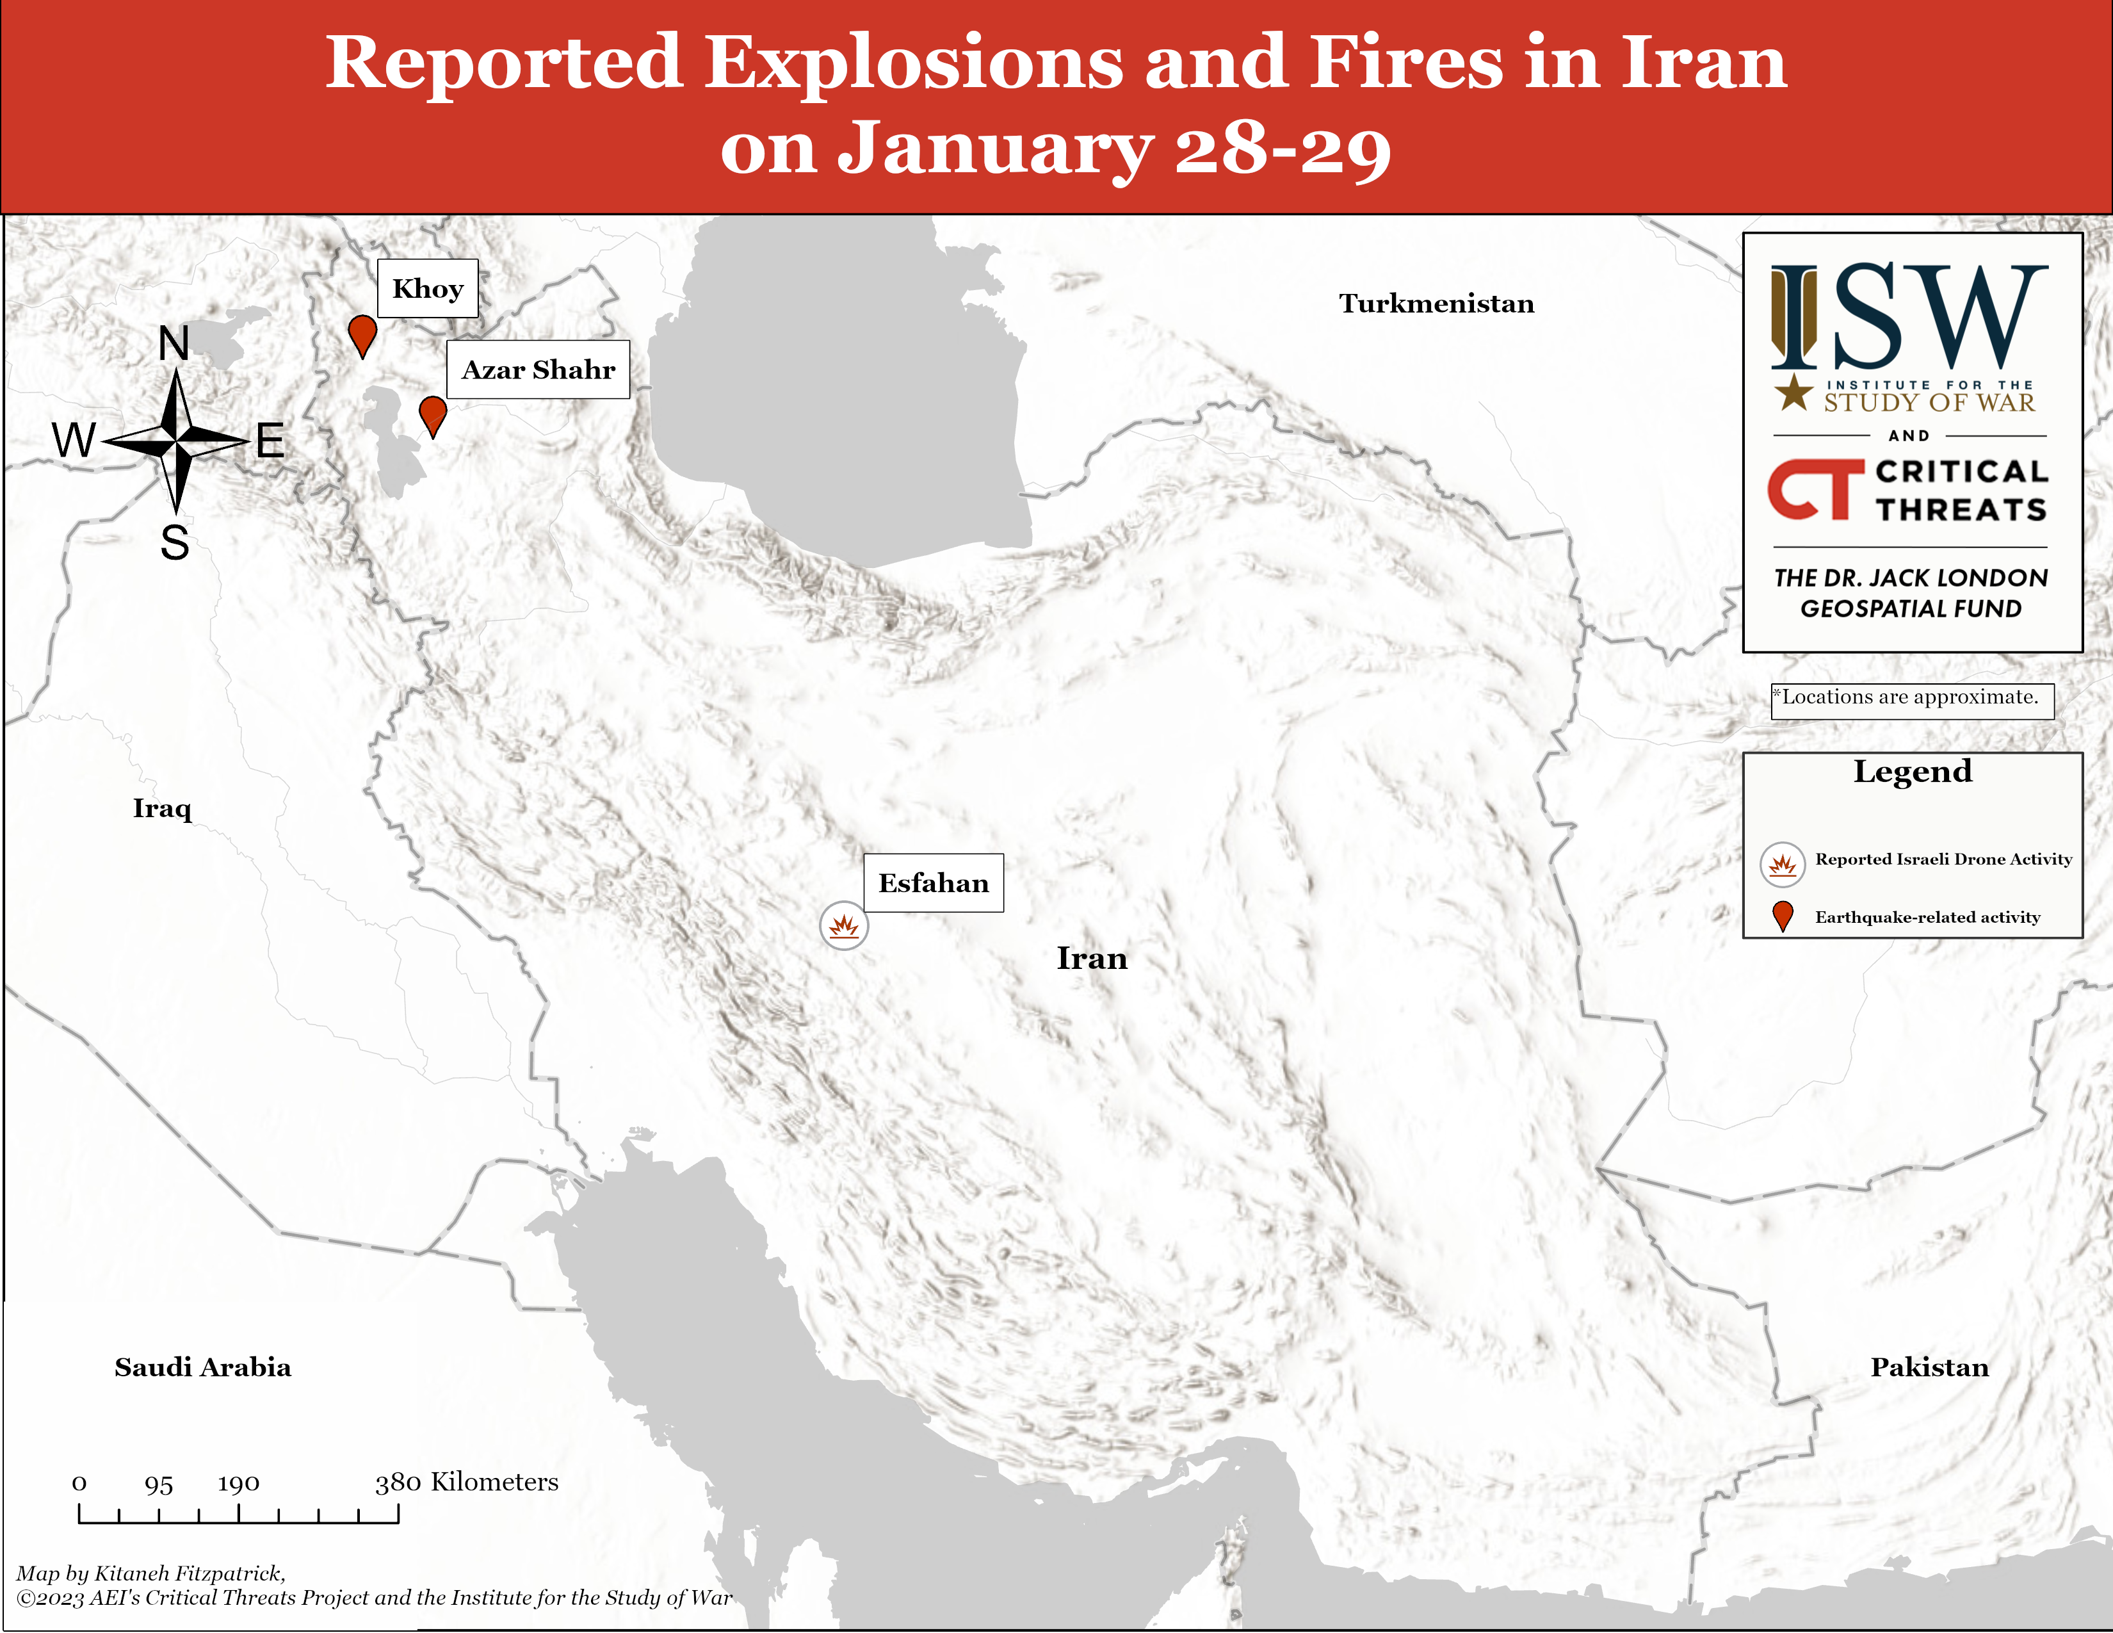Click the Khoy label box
[x=428, y=288]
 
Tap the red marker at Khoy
[x=362, y=334]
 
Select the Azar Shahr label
[x=538, y=370]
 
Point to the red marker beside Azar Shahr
[x=432, y=414]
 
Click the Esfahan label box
[x=933, y=882]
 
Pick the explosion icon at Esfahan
[x=844, y=926]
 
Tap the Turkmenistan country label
[x=1436, y=304]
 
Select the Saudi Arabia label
[x=202, y=1367]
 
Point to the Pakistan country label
[x=1929, y=1367]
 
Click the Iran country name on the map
[x=1091, y=959]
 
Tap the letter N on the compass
[x=174, y=343]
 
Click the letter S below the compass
[x=174, y=542]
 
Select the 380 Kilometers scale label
[x=466, y=1482]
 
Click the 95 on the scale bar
[x=159, y=1484]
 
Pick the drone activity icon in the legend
[x=1782, y=864]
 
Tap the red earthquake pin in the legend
[x=1782, y=915]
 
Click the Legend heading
[x=1912, y=771]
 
